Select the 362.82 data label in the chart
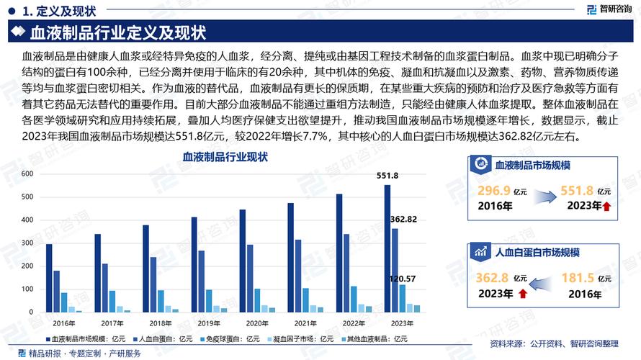(x=403, y=219)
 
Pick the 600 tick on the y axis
(x=27, y=174)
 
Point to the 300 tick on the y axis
(x=27, y=243)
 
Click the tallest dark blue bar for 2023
(x=387, y=248)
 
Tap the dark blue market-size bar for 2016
(x=49, y=278)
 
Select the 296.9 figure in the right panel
(x=494, y=191)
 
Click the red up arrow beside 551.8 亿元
(x=607, y=207)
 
